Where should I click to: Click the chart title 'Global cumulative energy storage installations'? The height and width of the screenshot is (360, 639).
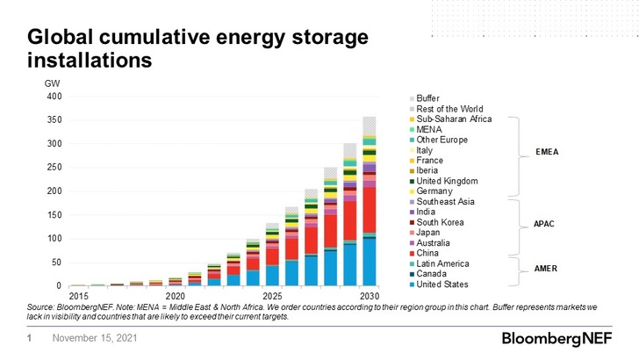[197, 49]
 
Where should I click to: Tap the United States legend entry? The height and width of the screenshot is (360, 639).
[442, 284]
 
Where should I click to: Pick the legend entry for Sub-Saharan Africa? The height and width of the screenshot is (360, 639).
[454, 119]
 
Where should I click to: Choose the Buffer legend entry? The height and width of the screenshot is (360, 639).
[428, 98]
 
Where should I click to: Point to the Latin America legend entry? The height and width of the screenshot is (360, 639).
[443, 263]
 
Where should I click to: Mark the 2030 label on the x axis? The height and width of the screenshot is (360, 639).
[369, 296]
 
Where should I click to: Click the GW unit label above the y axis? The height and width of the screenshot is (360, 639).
[53, 83]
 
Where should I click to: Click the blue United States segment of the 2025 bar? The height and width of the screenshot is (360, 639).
[272, 276]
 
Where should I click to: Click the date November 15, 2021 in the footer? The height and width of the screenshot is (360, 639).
[94, 338]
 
